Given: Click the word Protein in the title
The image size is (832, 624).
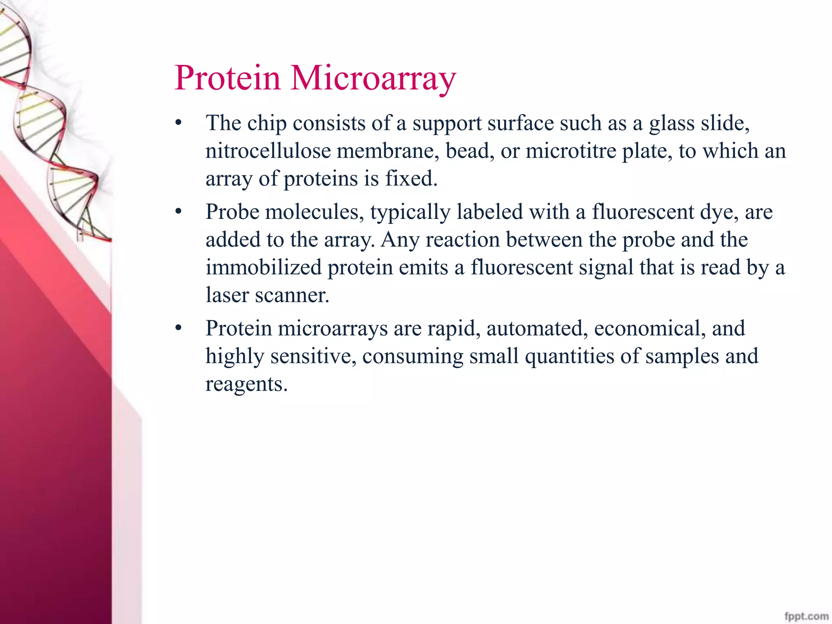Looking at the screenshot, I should [x=227, y=78].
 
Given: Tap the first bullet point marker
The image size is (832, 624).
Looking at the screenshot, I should [x=178, y=123].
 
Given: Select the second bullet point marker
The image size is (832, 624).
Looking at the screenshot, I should [x=178, y=212].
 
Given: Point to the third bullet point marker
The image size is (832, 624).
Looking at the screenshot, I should [x=178, y=328].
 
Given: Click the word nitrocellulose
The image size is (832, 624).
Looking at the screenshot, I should [x=268, y=151].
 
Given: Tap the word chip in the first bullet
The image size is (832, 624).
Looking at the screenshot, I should [x=266, y=123].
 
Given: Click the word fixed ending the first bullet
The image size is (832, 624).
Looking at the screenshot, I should [x=411, y=179].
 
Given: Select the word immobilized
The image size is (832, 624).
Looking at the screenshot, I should [x=263, y=268].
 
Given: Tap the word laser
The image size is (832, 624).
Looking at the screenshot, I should [x=227, y=296].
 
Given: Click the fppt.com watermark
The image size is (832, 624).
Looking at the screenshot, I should [x=806, y=616].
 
